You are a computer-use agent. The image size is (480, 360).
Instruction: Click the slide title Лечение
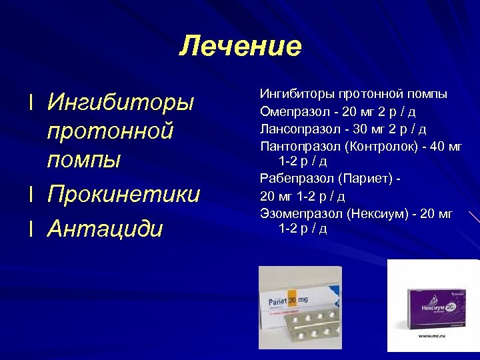240,47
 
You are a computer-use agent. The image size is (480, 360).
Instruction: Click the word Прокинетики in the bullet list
123,194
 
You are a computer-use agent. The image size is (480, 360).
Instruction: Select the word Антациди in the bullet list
105,229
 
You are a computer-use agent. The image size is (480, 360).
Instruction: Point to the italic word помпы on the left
84,160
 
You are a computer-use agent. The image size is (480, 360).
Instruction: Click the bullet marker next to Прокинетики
31,194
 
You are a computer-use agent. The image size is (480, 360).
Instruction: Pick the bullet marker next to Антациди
31,229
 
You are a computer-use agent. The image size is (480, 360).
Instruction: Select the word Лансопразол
294,128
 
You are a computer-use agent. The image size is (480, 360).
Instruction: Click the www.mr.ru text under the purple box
431,337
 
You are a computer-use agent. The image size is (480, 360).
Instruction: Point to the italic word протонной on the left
111,131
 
